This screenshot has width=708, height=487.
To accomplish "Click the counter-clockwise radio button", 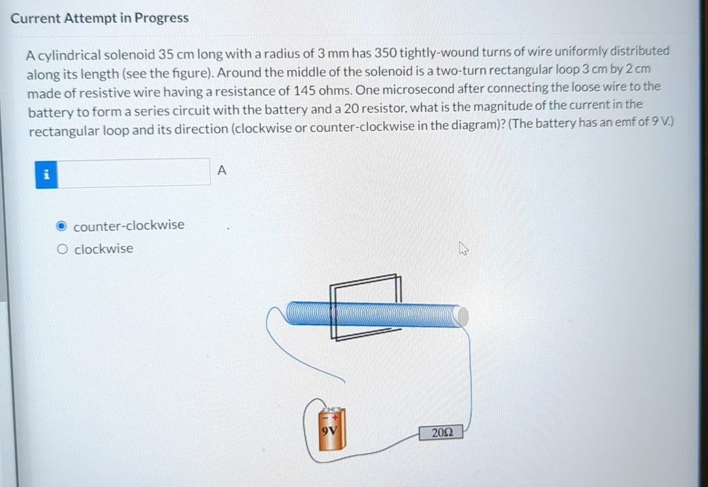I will point(61,226).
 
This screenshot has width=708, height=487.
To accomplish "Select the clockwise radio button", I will point(63,249).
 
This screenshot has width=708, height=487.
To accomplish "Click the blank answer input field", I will point(134,172).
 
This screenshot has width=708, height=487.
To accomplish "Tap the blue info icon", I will point(46,174).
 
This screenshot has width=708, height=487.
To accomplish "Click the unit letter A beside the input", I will point(221,171).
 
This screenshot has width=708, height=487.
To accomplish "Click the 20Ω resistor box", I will point(442,432).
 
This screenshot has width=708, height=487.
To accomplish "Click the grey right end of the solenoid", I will point(461,316).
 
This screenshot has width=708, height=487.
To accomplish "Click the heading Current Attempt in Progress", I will point(100,18).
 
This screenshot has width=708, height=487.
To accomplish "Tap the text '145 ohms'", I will point(319,89).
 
